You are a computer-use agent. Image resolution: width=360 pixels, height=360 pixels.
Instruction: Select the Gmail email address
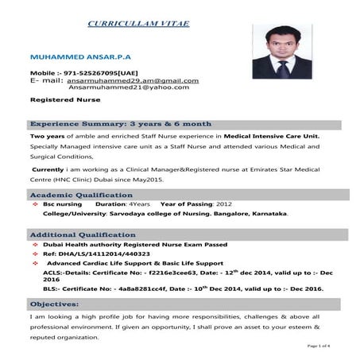[x=133, y=80]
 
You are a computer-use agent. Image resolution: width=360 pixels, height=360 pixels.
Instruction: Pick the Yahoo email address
[x=130, y=88]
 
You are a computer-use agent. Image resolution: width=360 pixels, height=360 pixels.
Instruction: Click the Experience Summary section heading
[x=121, y=125]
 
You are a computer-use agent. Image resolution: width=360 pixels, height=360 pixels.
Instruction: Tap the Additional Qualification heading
[x=83, y=236]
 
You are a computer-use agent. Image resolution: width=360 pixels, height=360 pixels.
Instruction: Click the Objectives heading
[x=54, y=304]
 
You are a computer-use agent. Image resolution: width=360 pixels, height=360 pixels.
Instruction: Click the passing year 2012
[x=224, y=204]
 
